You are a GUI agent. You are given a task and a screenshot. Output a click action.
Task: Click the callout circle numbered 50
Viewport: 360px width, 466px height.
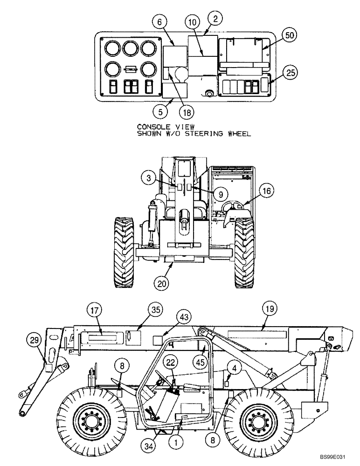pyautogui.click(x=289, y=35)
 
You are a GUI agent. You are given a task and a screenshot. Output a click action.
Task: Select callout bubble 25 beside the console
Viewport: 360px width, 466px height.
pyautogui.click(x=291, y=72)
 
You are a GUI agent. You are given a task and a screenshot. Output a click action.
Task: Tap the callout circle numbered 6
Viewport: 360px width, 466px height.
pyautogui.click(x=159, y=21)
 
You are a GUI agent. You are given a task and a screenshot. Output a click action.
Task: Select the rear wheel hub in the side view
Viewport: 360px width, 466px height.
pyautogui.click(x=255, y=418)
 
